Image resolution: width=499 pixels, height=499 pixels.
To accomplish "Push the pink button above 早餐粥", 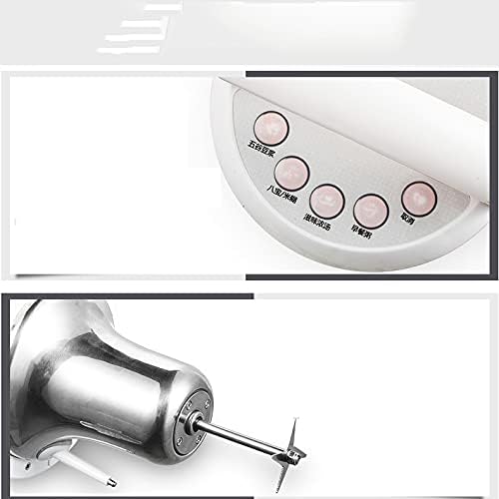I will coord(371,208).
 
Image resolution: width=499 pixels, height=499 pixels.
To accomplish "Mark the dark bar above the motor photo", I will coord(249,296).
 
